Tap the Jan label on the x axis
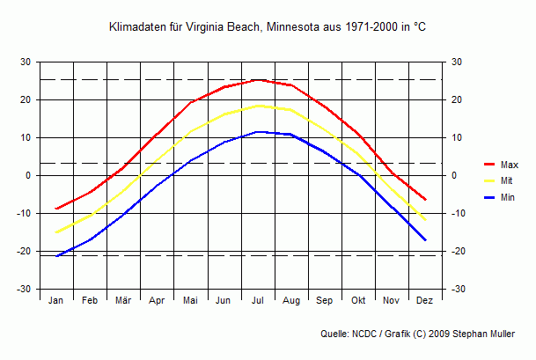pos(56,301)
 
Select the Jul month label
pos(258,301)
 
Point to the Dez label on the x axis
pos(424,301)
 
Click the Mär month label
pos(123,301)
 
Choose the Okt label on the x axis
pos(357,301)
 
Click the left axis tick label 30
pos(26,62)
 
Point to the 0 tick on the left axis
pos(28,175)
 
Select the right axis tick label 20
pos(455,99)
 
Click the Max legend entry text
pos(509,165)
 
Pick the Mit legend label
pos(506,180)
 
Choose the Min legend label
pos(507,197)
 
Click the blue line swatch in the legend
pos(490,197)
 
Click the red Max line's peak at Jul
pos(258,79)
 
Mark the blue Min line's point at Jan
pos(56,256)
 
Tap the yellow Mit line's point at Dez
pos(425,219)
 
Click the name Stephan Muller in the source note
pos(490,334)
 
